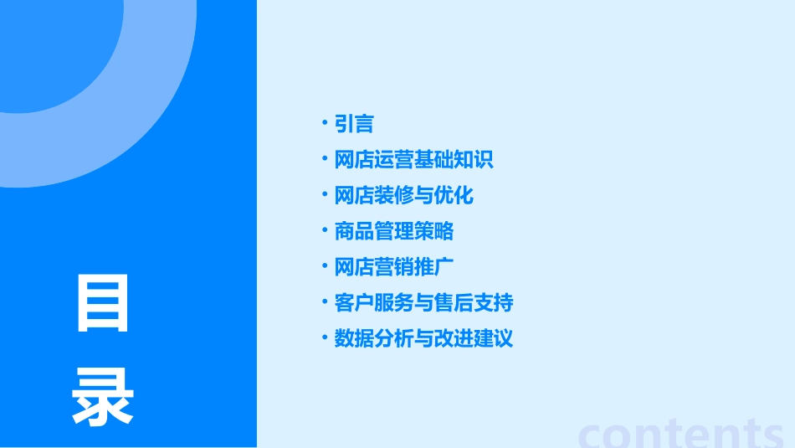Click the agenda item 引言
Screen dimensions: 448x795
(x=353, y=125)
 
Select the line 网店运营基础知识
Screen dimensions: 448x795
(x=413, y=160)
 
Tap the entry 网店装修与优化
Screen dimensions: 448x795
(x=403, y=196)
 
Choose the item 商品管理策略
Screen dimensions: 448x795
(x=393, y=231)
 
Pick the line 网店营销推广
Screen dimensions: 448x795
(x=393, y=267)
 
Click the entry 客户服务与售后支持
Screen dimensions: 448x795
(x=423, y=302)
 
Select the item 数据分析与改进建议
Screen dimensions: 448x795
(x=423, y=338)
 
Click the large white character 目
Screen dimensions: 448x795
(x=103, y=302)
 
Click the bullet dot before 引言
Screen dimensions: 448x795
(x=325, y=123)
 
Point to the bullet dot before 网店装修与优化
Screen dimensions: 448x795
(x=325, y=194)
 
